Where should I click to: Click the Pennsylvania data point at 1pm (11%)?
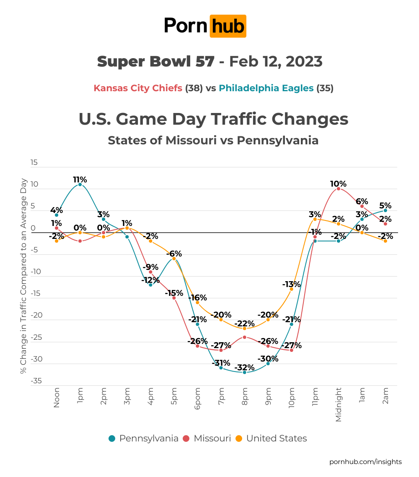(x=80, y=185)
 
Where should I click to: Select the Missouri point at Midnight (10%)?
(x=338, y=189)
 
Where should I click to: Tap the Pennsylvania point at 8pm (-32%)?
(x=244, y=372)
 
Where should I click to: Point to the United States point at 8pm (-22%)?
(x=244, y=328)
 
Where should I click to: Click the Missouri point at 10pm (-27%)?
(x=291, y=350)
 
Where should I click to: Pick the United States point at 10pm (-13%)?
(x=291, y=289)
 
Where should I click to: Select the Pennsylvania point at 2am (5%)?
(x=385, y=210)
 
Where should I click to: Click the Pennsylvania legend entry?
(x=144, y=439)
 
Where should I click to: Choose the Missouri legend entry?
(x=207, y=439)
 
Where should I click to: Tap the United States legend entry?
(x=271, y=439)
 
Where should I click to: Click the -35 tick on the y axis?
(x=36, y=381)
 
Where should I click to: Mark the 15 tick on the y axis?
(x=34, y=162)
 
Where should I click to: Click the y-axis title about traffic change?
(x=23, y=276)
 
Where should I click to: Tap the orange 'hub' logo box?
(x=228, y=26)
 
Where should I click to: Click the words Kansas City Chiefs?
(x=138, y=88)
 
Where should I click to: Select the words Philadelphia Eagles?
(x=266, y=88)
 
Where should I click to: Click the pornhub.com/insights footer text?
(x=365, y=462)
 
